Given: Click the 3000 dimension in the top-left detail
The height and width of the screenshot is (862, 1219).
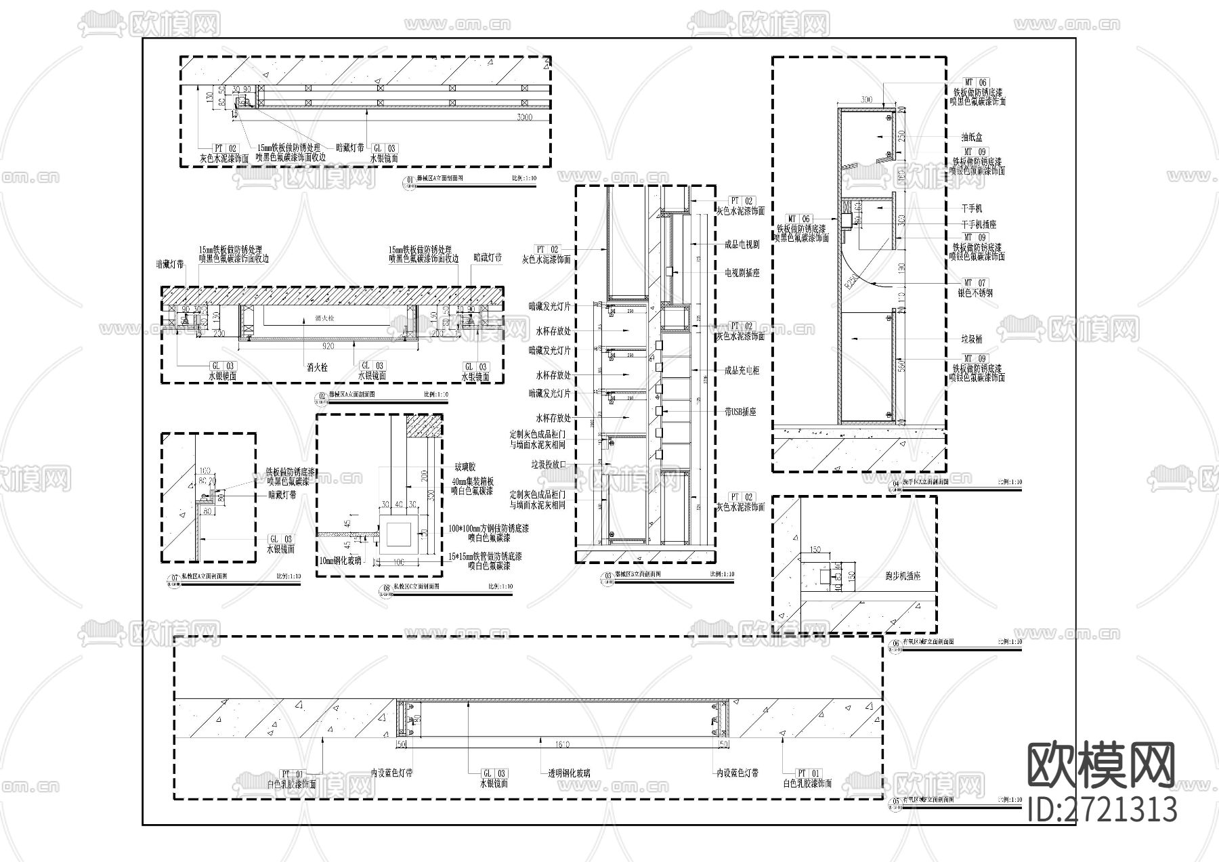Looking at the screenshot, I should pyautogui.click(x=523, y=117).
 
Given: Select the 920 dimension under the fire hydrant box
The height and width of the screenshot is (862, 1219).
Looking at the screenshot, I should pyautogui.click(x=328, y=346).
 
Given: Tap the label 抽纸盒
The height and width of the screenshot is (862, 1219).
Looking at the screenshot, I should pyautogui.click(x=971, y=137).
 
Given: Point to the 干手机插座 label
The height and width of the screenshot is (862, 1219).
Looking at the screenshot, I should pyautogui.click(x=979, y=224).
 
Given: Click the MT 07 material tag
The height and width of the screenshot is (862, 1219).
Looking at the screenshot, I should pyautogui.click(x=975, y=282).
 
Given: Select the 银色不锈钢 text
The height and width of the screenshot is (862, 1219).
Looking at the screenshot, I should pyautogui.click(x=975, y=293).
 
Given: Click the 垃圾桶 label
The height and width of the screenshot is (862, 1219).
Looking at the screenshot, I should pyautogui.click(x=971, y=339).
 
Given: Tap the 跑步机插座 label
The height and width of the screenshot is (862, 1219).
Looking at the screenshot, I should pyautogui.click(x=903, y=576).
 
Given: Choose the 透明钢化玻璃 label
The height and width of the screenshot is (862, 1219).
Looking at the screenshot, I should pyautogui.click(x=569, y=773).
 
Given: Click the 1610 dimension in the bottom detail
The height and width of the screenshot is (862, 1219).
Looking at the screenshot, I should pyautogui.click(x=562, y=745).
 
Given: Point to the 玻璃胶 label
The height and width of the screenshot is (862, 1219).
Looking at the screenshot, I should pyautogui.click(x=465, y=467).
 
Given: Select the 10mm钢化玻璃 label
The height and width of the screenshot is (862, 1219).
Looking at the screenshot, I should pyautogui.click(x=341, y=561).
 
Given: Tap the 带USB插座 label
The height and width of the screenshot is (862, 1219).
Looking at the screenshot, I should pyautogui.click(x=740, y=411).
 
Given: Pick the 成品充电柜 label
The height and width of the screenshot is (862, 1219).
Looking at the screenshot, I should pyautogui.click(x=742, y=370).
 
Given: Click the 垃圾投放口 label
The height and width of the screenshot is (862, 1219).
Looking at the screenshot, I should pyautogui.click(x=548, y=465).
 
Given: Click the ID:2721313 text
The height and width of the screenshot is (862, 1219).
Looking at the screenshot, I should pyautogui.click(x=1102, y=809).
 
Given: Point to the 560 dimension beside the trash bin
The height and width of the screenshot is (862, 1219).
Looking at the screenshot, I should pyautogui.click(x=901, y=366).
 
